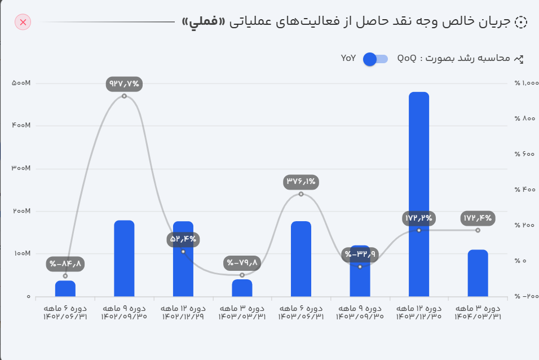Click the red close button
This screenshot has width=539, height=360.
[23, 22]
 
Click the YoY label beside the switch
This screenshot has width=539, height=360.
[348, 58]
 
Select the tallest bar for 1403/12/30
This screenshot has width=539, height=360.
[419, 194]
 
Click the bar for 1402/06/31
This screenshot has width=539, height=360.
[65, 288]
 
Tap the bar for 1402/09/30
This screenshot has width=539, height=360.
[124, 258]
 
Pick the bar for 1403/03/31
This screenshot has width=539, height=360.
[242, 288]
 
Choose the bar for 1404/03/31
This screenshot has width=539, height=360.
[478, 273]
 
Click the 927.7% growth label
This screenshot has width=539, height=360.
[124, 84]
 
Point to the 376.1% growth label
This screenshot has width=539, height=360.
[301, 182]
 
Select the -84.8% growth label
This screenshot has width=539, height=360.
[65, 263]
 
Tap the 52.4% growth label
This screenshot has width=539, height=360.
[183, 239]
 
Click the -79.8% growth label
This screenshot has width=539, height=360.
[242, 262]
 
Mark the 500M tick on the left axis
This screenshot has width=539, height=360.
[21, 83]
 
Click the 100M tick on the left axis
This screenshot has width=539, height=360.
[21, 254]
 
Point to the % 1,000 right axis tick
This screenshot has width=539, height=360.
[527, 83]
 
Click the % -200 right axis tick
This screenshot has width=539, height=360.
[527, 296]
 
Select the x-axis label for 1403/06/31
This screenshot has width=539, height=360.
[301, 313]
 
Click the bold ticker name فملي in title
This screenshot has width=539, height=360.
[201, 22]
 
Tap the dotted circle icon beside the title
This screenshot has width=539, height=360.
[521, 22]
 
